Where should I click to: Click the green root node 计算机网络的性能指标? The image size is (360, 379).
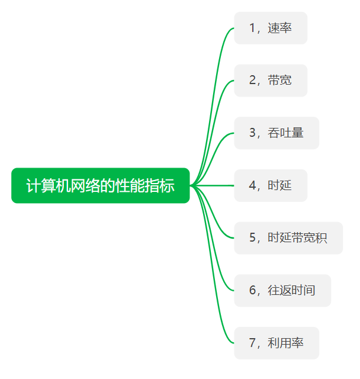pyautogui.click(x=101, y=185)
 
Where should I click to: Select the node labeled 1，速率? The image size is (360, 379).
pyautogui.click(x=271, y=28)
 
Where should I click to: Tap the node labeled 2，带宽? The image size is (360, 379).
pyautogui.click(x=271, y=81)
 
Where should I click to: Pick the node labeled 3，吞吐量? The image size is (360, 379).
pyautogui.click(x=277, y=133)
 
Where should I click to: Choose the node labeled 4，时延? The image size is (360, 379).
pyautogui.click(x=271, y=185)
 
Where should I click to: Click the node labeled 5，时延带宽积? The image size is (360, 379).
pyautogui.click(x=288, y=238)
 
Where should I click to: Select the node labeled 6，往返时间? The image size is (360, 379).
pyautogui.click(x=282, y=290)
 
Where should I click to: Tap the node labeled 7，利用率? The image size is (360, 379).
pyautogui.click(x=277, y=343)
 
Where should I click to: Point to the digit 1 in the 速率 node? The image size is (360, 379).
pyautogui.click(x=252, y=28)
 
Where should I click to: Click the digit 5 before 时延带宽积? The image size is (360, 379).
pyautogui.click(x=252, y=238)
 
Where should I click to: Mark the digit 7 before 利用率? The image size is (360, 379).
pyautogui.click(x=252, y=343)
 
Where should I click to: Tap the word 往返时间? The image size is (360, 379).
pyautogui.click(x=291, y=290)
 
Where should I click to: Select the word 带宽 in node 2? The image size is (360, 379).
pyautogui.click(x=279, y=81)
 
